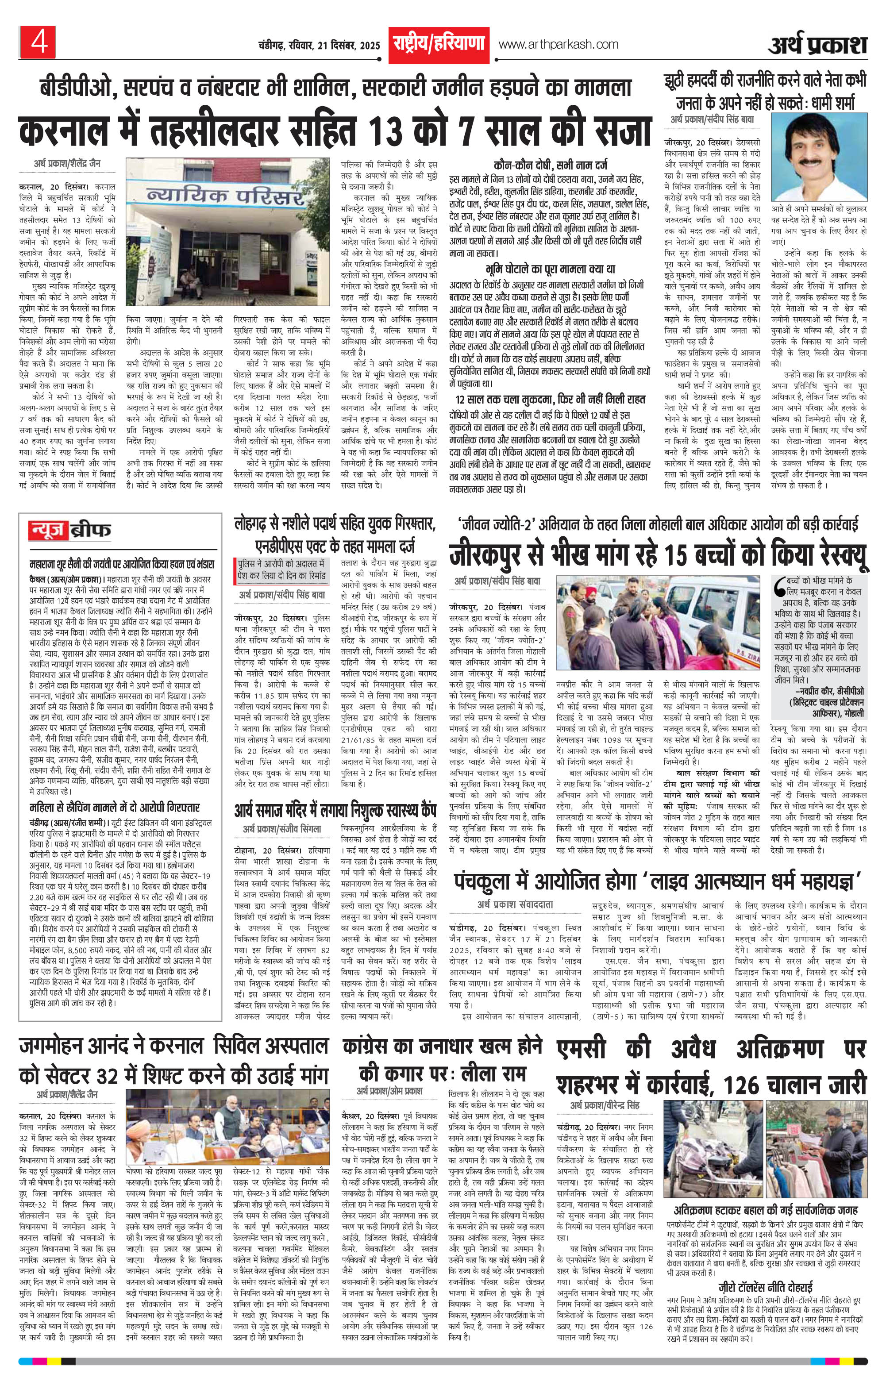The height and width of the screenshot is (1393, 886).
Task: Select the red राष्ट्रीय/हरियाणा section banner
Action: [438, 44]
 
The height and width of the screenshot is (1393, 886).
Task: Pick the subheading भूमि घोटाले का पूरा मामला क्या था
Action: [550, 269]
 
